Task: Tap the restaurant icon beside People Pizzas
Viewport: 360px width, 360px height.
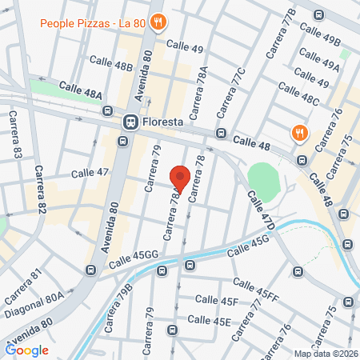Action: [158, 22]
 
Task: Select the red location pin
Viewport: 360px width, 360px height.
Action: [180, 178]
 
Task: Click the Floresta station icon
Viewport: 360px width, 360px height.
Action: [129, 122]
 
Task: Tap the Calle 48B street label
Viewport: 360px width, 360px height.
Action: [111, 62]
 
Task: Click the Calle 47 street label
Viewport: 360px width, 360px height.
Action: [90, 172]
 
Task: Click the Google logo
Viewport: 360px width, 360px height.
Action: [27, 350]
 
